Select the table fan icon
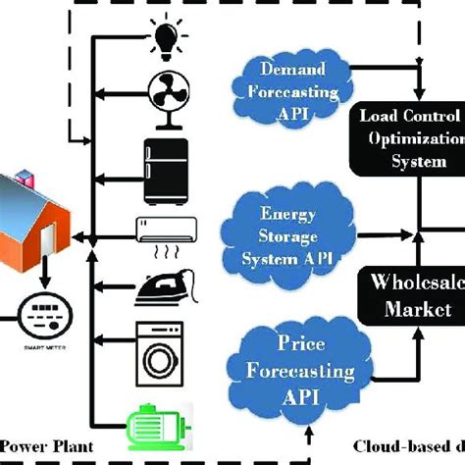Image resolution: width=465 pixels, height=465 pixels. tap(162, 97)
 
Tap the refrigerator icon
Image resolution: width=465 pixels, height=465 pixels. tap(162, 165)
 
